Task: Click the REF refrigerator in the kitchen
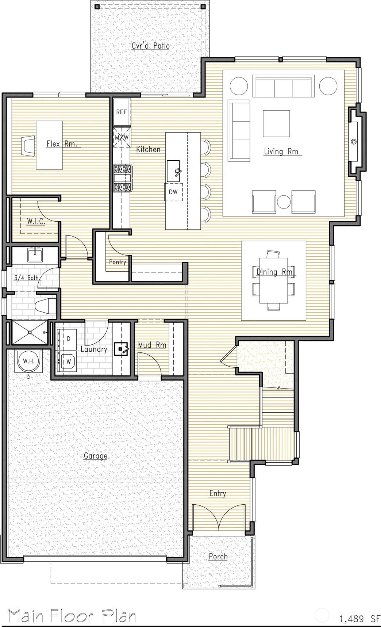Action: (x=121, y=112)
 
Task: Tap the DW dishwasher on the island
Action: (x=173, y=192)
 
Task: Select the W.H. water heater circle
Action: (x=29, y=361)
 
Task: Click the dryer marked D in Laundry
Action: (x=68, y=339)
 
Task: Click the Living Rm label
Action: (x=281, y=151)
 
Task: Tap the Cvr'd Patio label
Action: (x=150, y=46)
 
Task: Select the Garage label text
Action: (x=96, y=456)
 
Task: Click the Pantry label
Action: (x=118, y=262)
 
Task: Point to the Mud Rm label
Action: (x=152, y=345)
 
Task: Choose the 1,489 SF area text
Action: (x=359, y=619)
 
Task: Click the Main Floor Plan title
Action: (x=72, y=616)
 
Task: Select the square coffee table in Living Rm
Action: (x=277, y=123)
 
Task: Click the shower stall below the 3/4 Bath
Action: (x=30, y=332)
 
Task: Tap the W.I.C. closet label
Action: (x=36, y=221)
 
